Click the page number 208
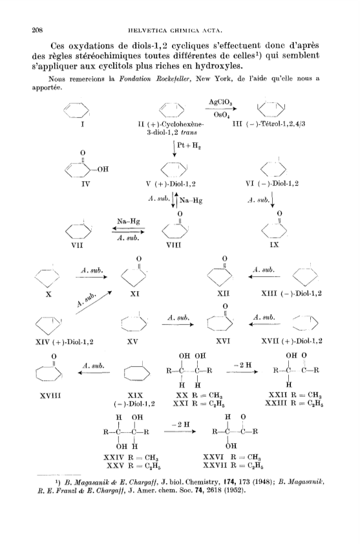click(x=37, y=30)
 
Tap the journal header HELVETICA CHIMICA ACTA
click(x=175, y=30)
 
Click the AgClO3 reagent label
click(x=220, y=102)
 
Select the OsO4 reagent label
click(x=221, y=115)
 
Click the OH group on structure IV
click(x=103, y=169)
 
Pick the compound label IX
click(x=274, y=245)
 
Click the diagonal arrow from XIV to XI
click(x=94, y=303)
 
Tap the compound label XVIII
click(x=50, y=395)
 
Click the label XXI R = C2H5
click(x=200, y=404)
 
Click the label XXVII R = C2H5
click(x=234, y=465)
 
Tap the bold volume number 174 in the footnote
click(x=228, y=482)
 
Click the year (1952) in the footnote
click(x=235, y=491)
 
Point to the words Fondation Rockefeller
click(x=154, y=79)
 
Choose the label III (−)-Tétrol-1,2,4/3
click(x=269, y=124)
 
